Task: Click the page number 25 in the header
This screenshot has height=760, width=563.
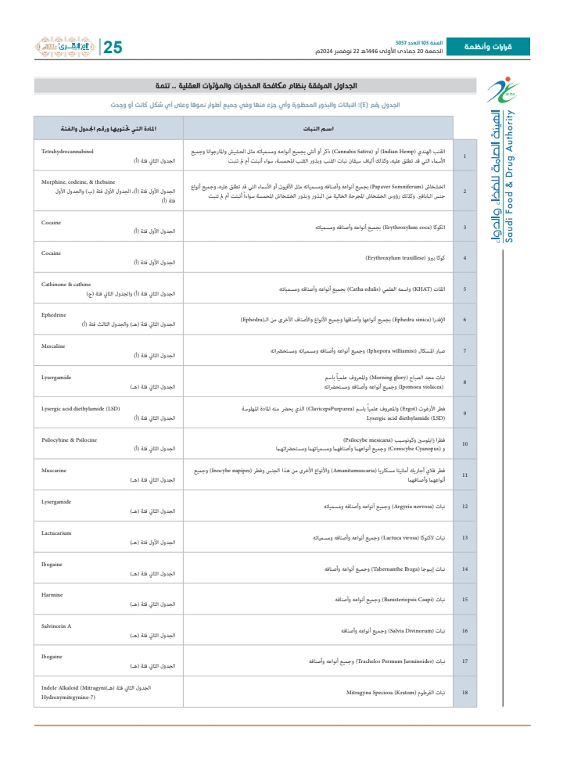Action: pos(113,47)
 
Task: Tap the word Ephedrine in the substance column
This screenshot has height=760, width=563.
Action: pos(56,315)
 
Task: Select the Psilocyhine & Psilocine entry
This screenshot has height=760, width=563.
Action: pos(70,440)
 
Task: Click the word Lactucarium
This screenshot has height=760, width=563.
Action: pos(56,532)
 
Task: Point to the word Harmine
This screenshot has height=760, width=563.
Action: pos(52,594)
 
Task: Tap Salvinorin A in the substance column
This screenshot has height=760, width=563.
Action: pos(56,626)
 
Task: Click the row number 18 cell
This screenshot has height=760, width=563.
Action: pos(464,693)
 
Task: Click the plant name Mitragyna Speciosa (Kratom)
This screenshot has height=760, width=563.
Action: pos(386,693)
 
